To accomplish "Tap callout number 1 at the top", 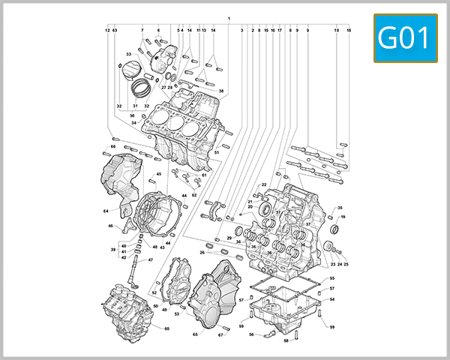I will [229, 16].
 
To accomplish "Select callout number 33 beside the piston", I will [128, 55].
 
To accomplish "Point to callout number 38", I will [221, 91].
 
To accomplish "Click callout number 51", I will [216, 153].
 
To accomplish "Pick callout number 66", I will [113, 146].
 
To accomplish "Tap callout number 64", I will [106, 211].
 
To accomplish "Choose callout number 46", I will [110, 226].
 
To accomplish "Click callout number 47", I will [150, 260].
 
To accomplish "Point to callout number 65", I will [195, 334].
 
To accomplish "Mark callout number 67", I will [220, 334].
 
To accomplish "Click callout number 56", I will [252, 334].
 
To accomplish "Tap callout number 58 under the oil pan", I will [285, 340].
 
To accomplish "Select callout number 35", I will [340, 208].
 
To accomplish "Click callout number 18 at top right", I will [349, 31].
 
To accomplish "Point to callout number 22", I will [264, 184].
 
